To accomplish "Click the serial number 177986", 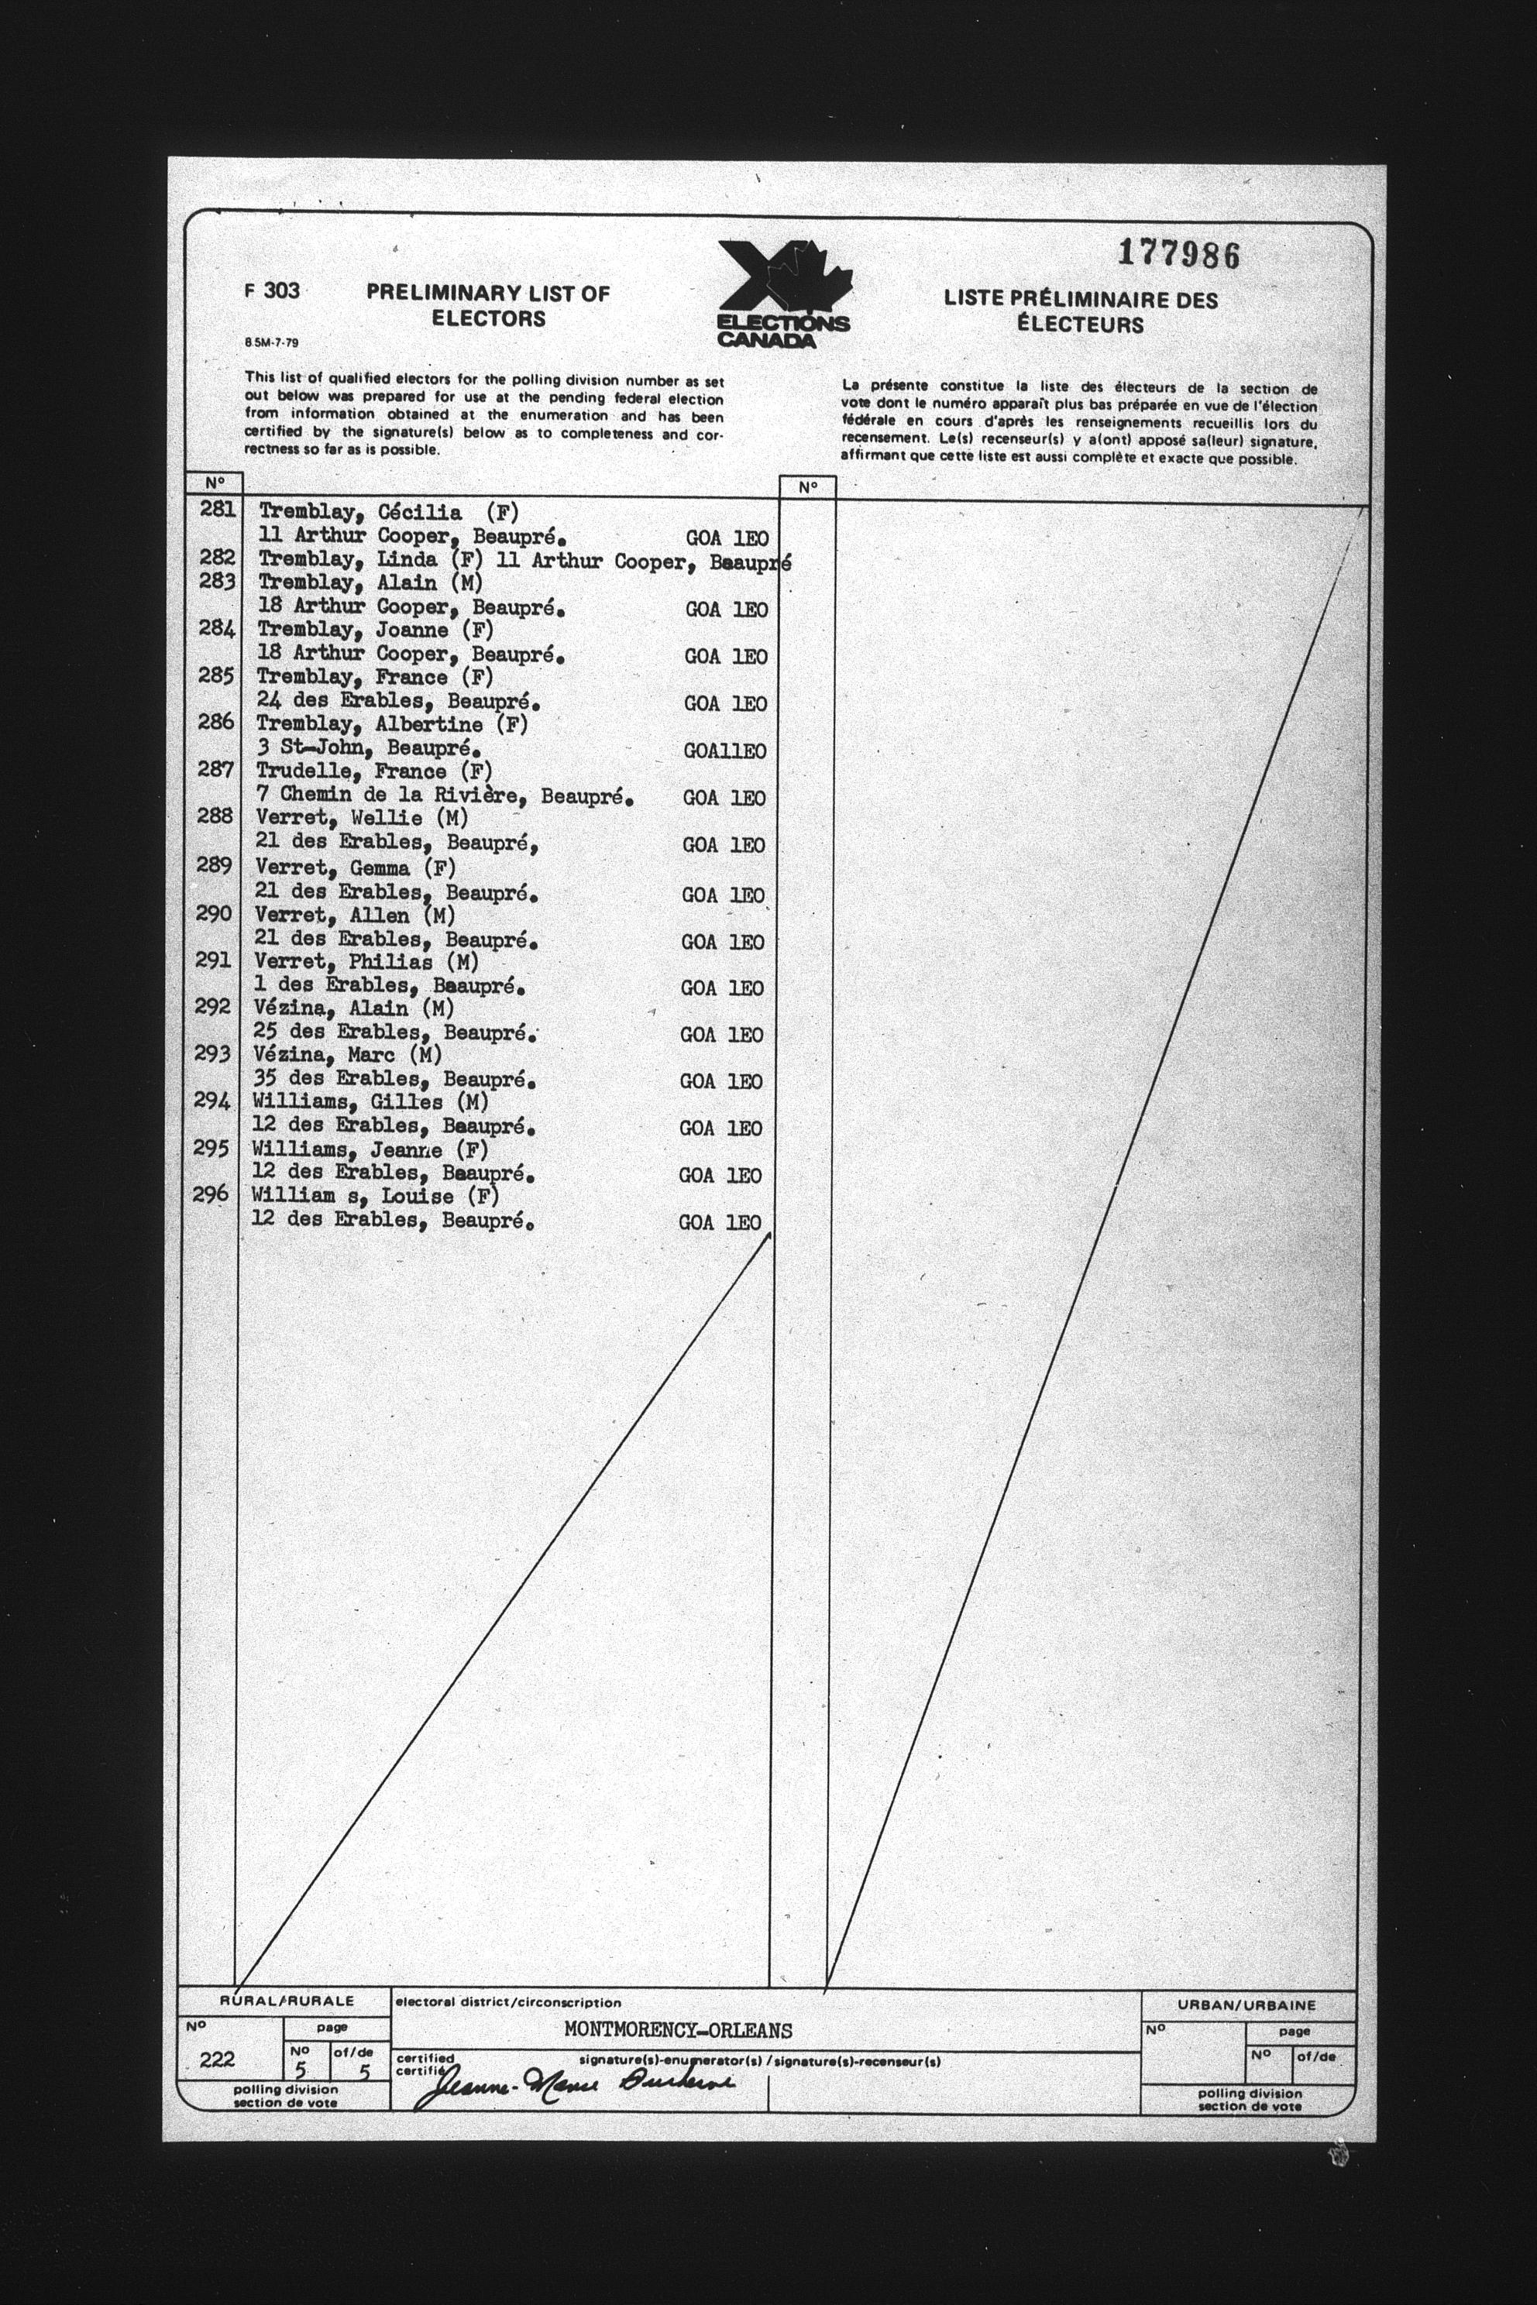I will [x=1179, y=255].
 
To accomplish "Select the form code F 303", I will [x=273, y=291].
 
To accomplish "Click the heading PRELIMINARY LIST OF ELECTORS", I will [x=488, y=305].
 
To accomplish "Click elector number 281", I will [x=217, y=509].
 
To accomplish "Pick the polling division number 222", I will [x=217, y=2059].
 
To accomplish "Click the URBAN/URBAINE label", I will [x=1246, y=2005].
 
